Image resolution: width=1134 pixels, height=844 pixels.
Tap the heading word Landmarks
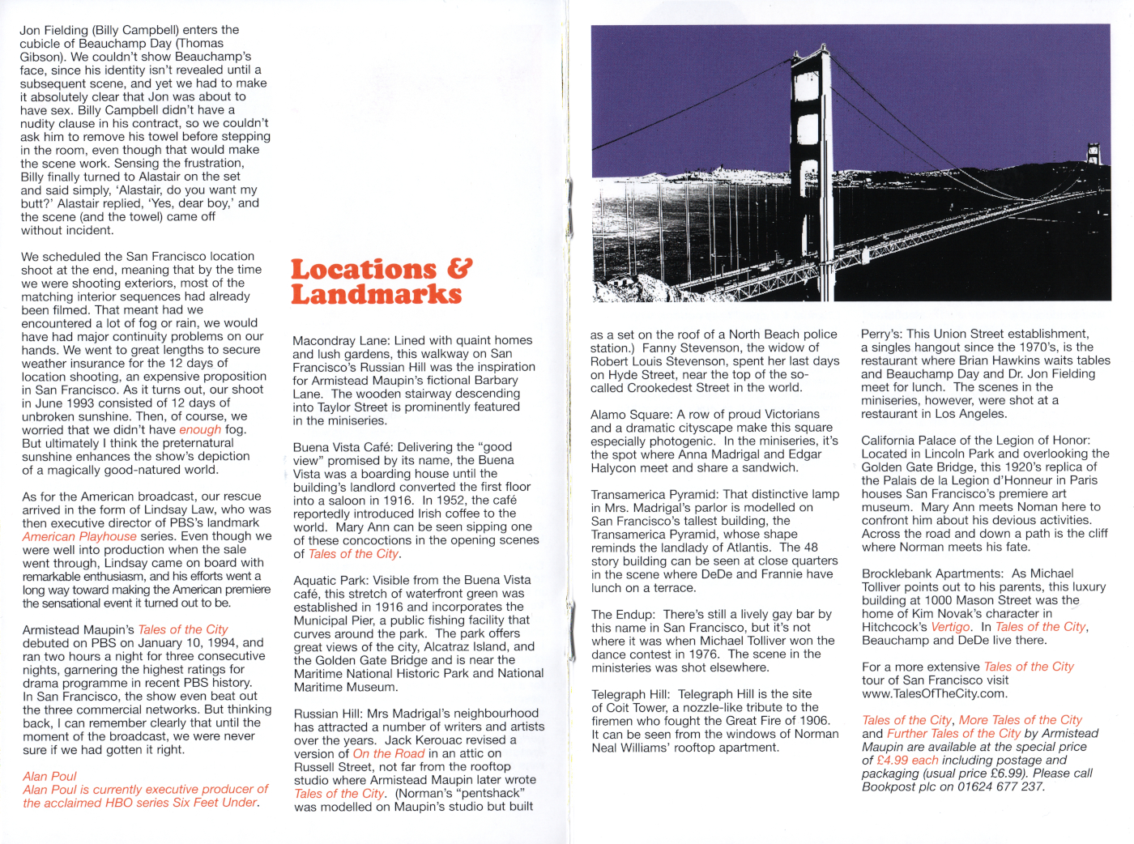pos(376,294)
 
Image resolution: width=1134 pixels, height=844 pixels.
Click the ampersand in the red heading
pos(458,268)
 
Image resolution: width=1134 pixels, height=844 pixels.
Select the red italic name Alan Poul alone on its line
pos(49,776)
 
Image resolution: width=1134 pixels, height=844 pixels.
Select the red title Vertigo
pos(951,627)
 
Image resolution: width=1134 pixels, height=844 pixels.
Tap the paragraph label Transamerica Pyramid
pos(655,494)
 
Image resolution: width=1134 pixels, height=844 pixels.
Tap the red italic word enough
pos(200,430)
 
